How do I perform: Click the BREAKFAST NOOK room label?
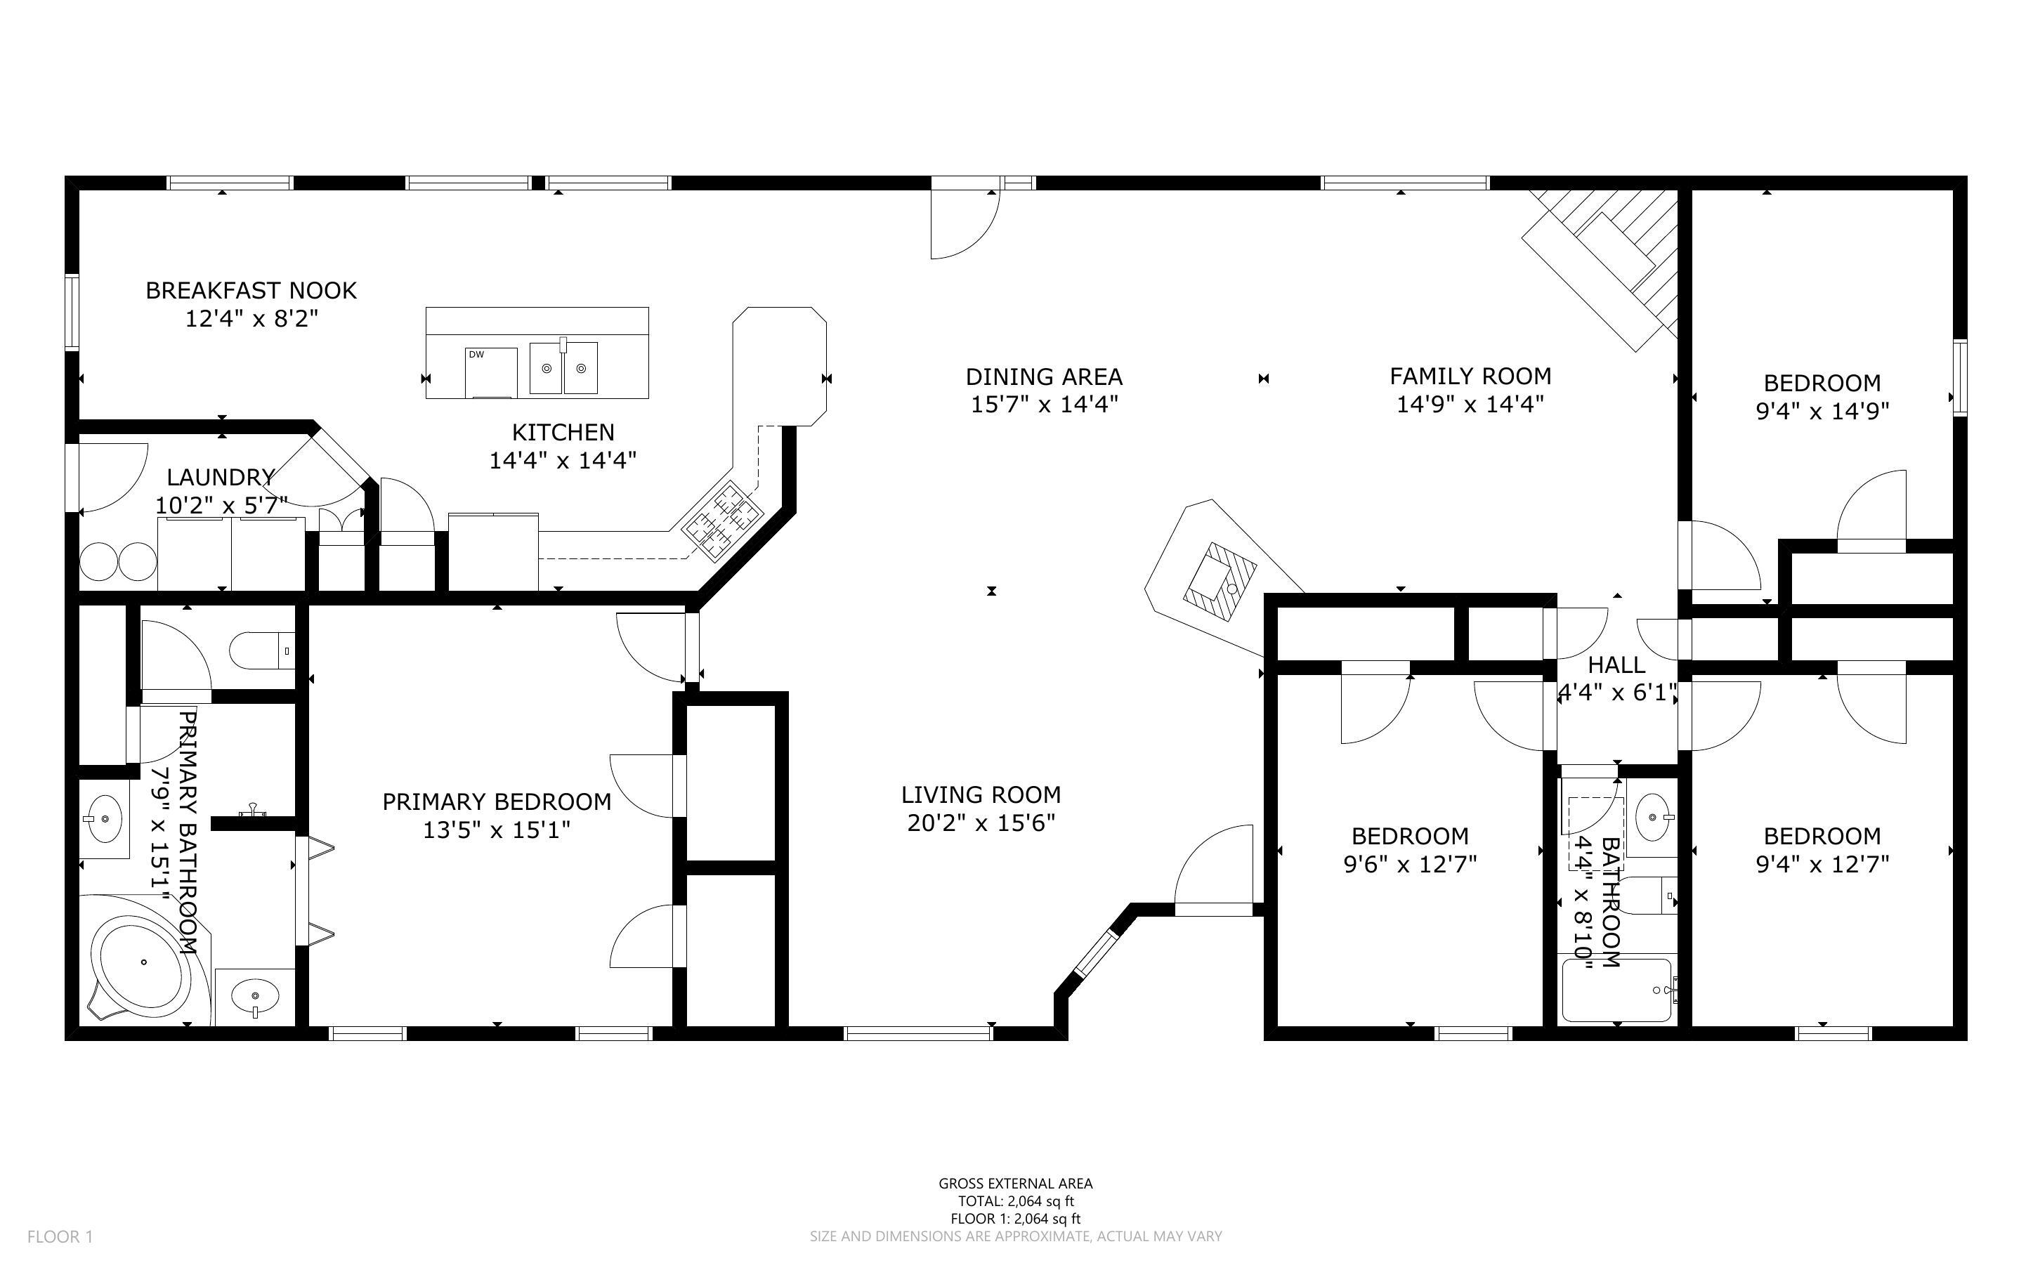(251, 291)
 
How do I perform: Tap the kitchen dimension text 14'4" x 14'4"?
(563, 460)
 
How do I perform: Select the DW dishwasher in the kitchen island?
(490, 372)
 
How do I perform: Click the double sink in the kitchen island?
(563, 368)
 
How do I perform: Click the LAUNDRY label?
(221, 477)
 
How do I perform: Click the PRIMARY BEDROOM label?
(496, 801)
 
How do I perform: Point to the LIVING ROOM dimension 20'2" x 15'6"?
(981, 823)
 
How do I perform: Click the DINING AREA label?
(1044, 377)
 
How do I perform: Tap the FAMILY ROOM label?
(1470, 376)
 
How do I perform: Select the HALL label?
(1616, 665)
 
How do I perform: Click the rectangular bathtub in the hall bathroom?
(1617, 990)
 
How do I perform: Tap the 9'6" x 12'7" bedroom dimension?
(1410, 864)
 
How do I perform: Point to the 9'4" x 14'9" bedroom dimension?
(1822, 411)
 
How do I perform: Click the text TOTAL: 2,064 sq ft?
(1016, 1201)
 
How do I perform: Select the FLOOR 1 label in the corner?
(60, 1236)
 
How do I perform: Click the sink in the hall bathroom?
(1652, 816)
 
